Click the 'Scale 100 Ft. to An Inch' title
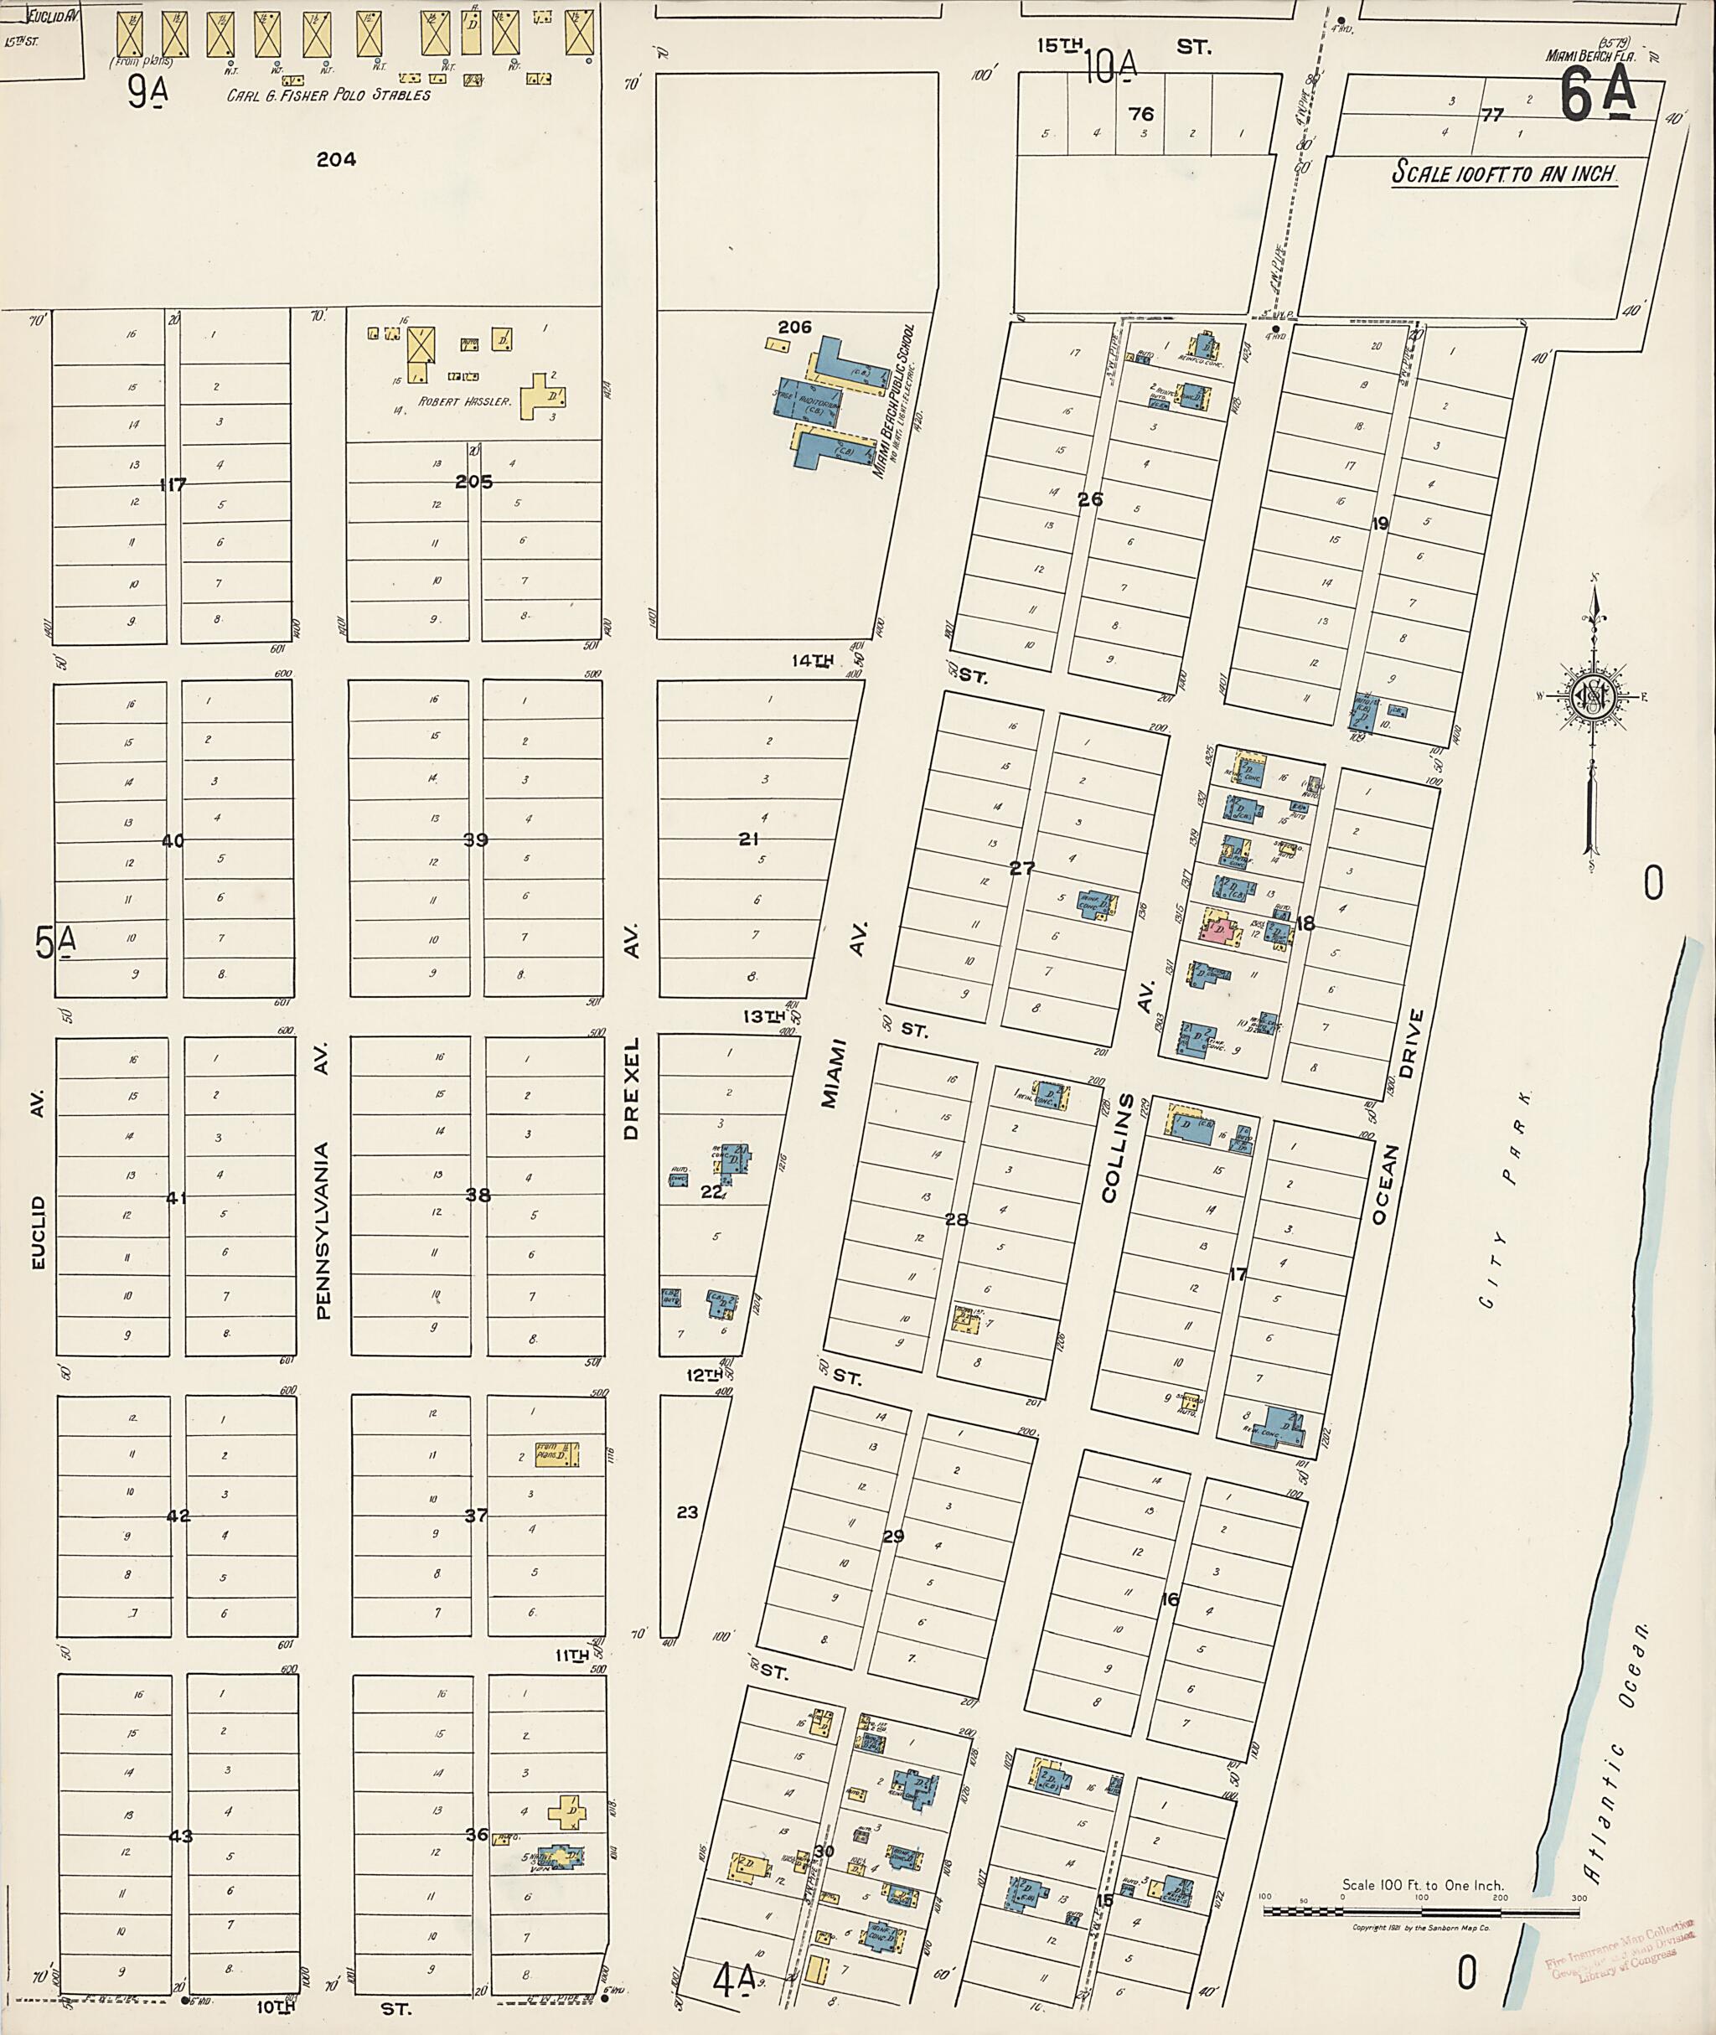(1504, 174)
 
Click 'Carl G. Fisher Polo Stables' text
(328, 96)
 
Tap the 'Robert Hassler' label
(464, 400)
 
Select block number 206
(795, 327)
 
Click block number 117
(173, 483)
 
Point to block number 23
(687, 1511)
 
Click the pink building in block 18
(1220, 931)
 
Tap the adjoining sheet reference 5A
(55, 943)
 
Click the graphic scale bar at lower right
(1421, 1912)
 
